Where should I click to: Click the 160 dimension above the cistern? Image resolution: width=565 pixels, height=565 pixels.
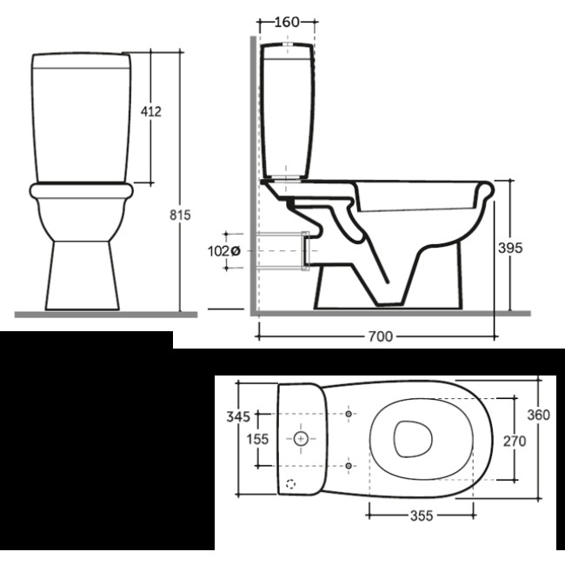pos(287,23)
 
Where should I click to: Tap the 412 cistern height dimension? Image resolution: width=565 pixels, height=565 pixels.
pos(151,112)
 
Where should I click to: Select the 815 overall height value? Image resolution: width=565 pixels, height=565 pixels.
pos(180,215)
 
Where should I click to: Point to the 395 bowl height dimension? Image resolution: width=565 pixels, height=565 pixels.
pos(510,248)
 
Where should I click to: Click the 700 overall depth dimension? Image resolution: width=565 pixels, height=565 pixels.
pos(380,336)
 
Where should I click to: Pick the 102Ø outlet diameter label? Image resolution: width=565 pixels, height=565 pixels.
pos(223,251)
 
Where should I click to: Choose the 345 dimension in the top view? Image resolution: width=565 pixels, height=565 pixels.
pos(238,416)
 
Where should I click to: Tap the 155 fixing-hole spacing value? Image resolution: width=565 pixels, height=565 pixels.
pos(257,439)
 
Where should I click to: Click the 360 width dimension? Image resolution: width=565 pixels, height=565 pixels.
pos(539,415)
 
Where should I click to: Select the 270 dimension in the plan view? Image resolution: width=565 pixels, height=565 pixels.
pos(515,441)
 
